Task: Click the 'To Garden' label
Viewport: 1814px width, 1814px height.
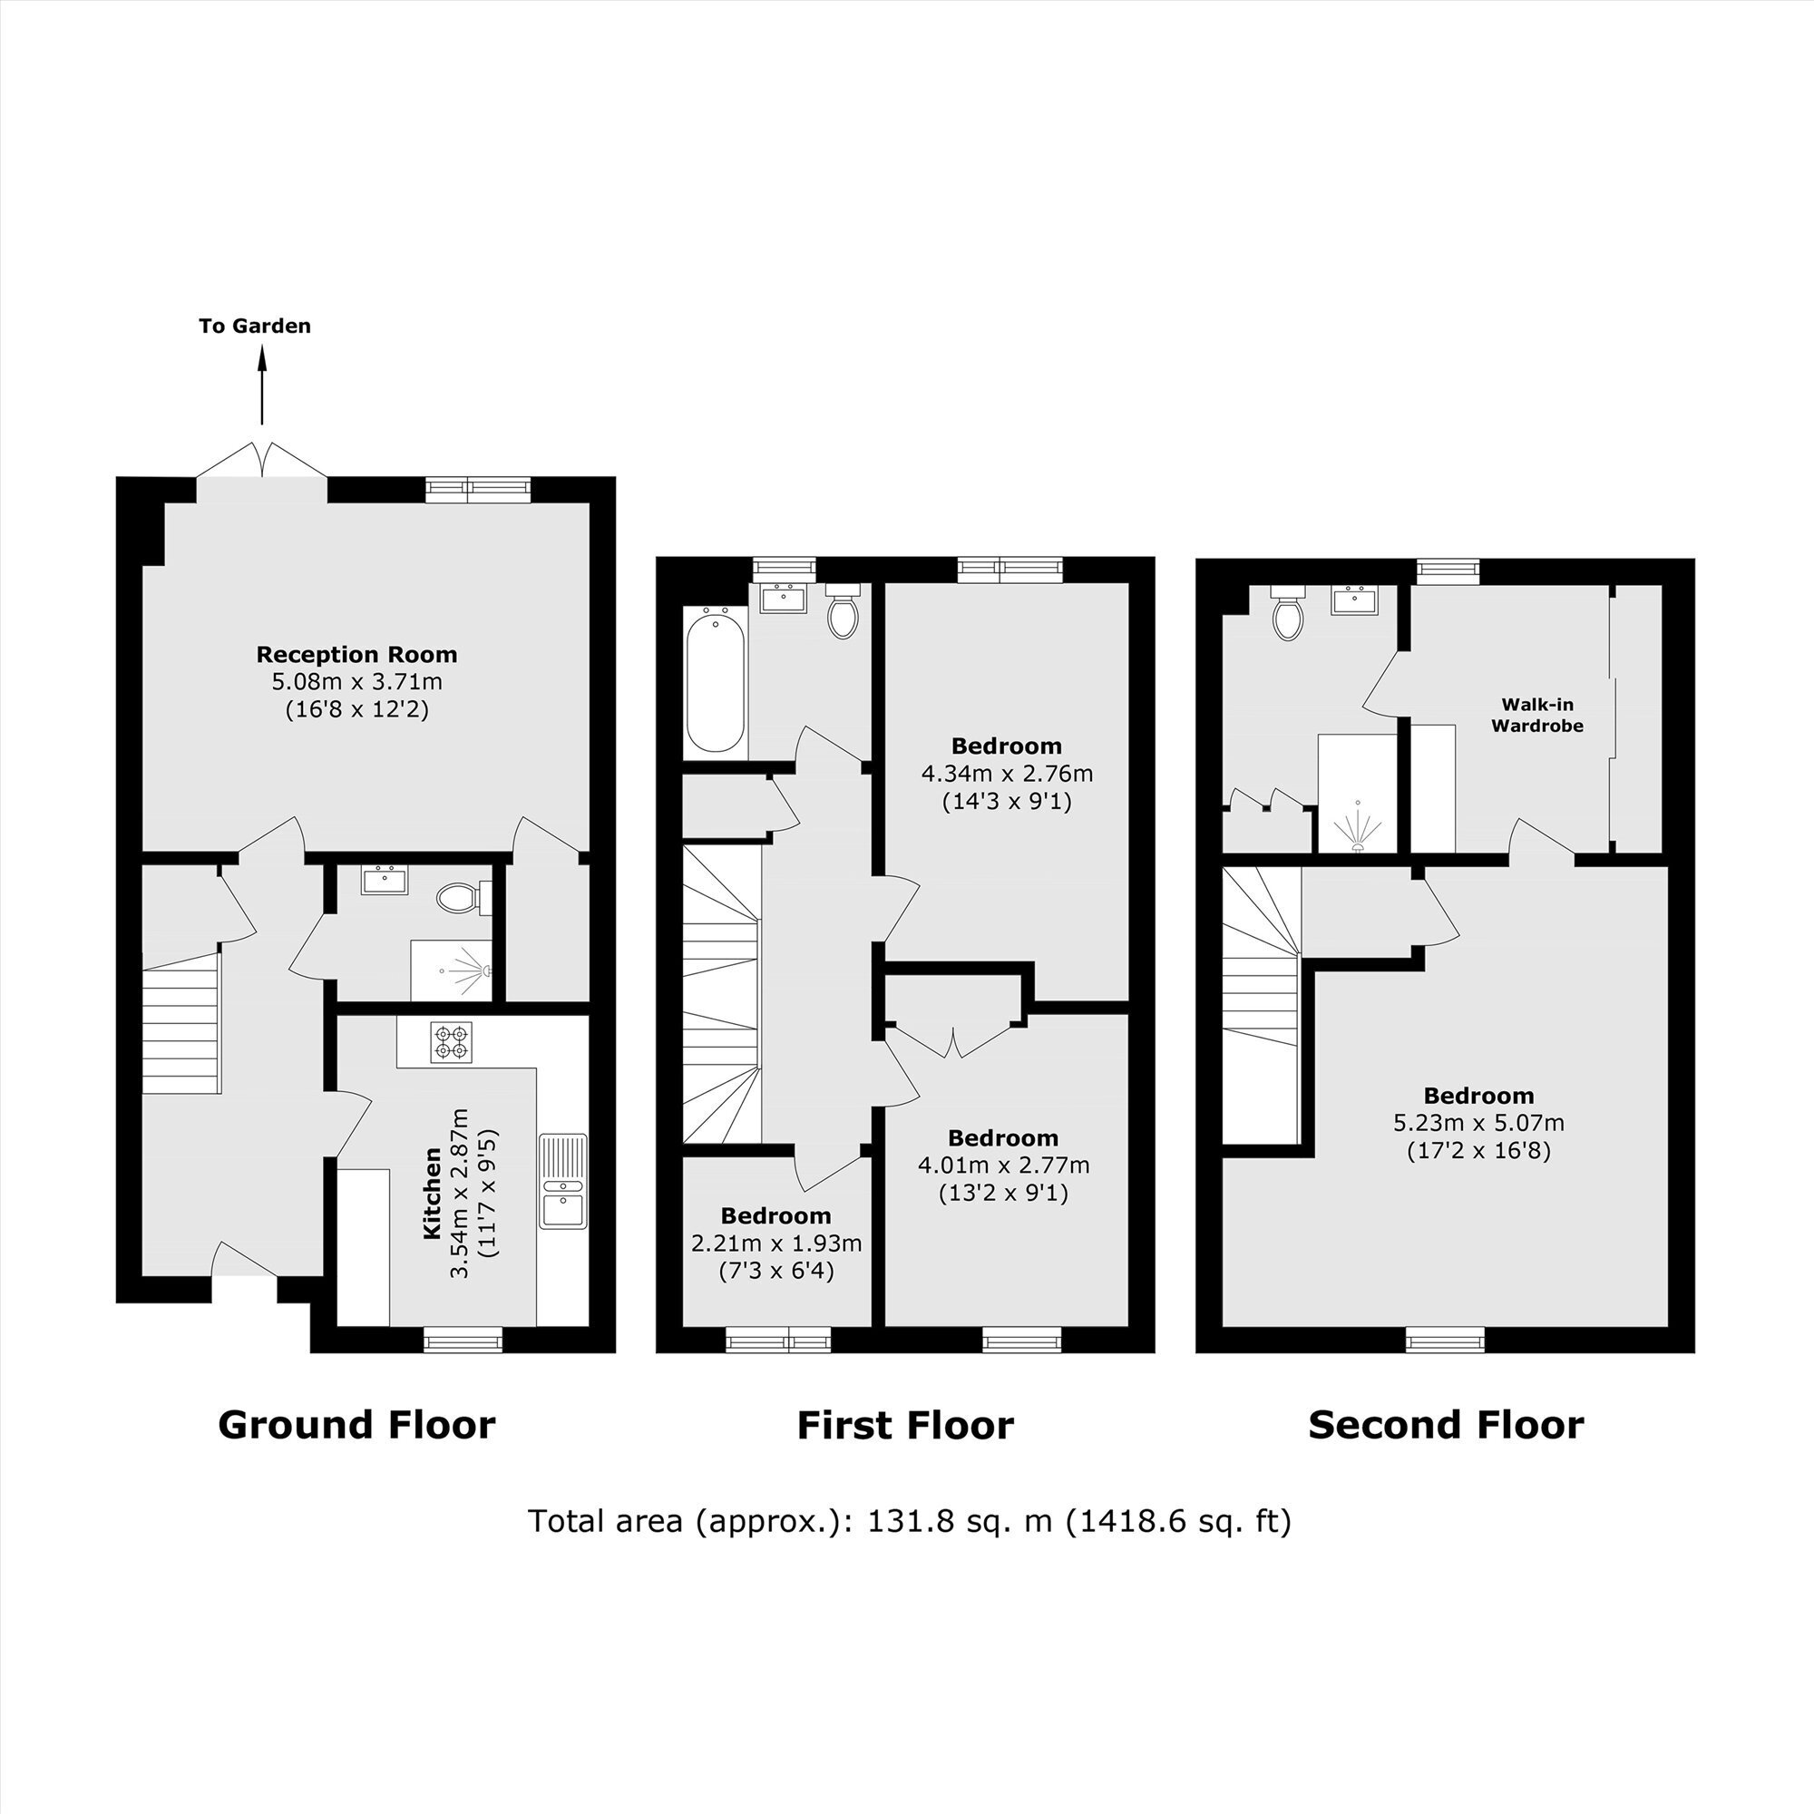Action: [255, 326]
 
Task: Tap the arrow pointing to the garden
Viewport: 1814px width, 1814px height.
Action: [262, 385]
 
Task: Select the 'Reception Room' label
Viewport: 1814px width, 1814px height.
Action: [356, 655]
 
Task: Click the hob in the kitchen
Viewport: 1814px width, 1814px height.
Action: [452, 1042]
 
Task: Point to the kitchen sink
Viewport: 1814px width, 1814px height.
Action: [562, 1181]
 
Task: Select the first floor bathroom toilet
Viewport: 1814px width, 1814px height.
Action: [844, 611]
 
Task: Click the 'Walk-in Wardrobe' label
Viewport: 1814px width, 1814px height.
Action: [1537, 715]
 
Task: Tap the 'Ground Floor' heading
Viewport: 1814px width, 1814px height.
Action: [356, 1424]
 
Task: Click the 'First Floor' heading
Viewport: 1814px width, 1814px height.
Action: [905, 1424]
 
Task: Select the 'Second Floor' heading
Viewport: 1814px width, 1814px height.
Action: [1446, 1424]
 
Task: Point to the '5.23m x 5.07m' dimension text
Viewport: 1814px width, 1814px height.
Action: [1478, 1122]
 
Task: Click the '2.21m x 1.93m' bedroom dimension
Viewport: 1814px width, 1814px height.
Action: [776, 1243]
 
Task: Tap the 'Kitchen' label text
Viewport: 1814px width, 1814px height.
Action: [432, 1193]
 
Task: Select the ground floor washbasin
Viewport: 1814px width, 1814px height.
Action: [385, 880]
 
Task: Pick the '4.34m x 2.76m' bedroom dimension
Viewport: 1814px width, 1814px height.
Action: [1008, 774]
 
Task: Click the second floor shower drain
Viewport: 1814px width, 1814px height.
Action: [1358, 845]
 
